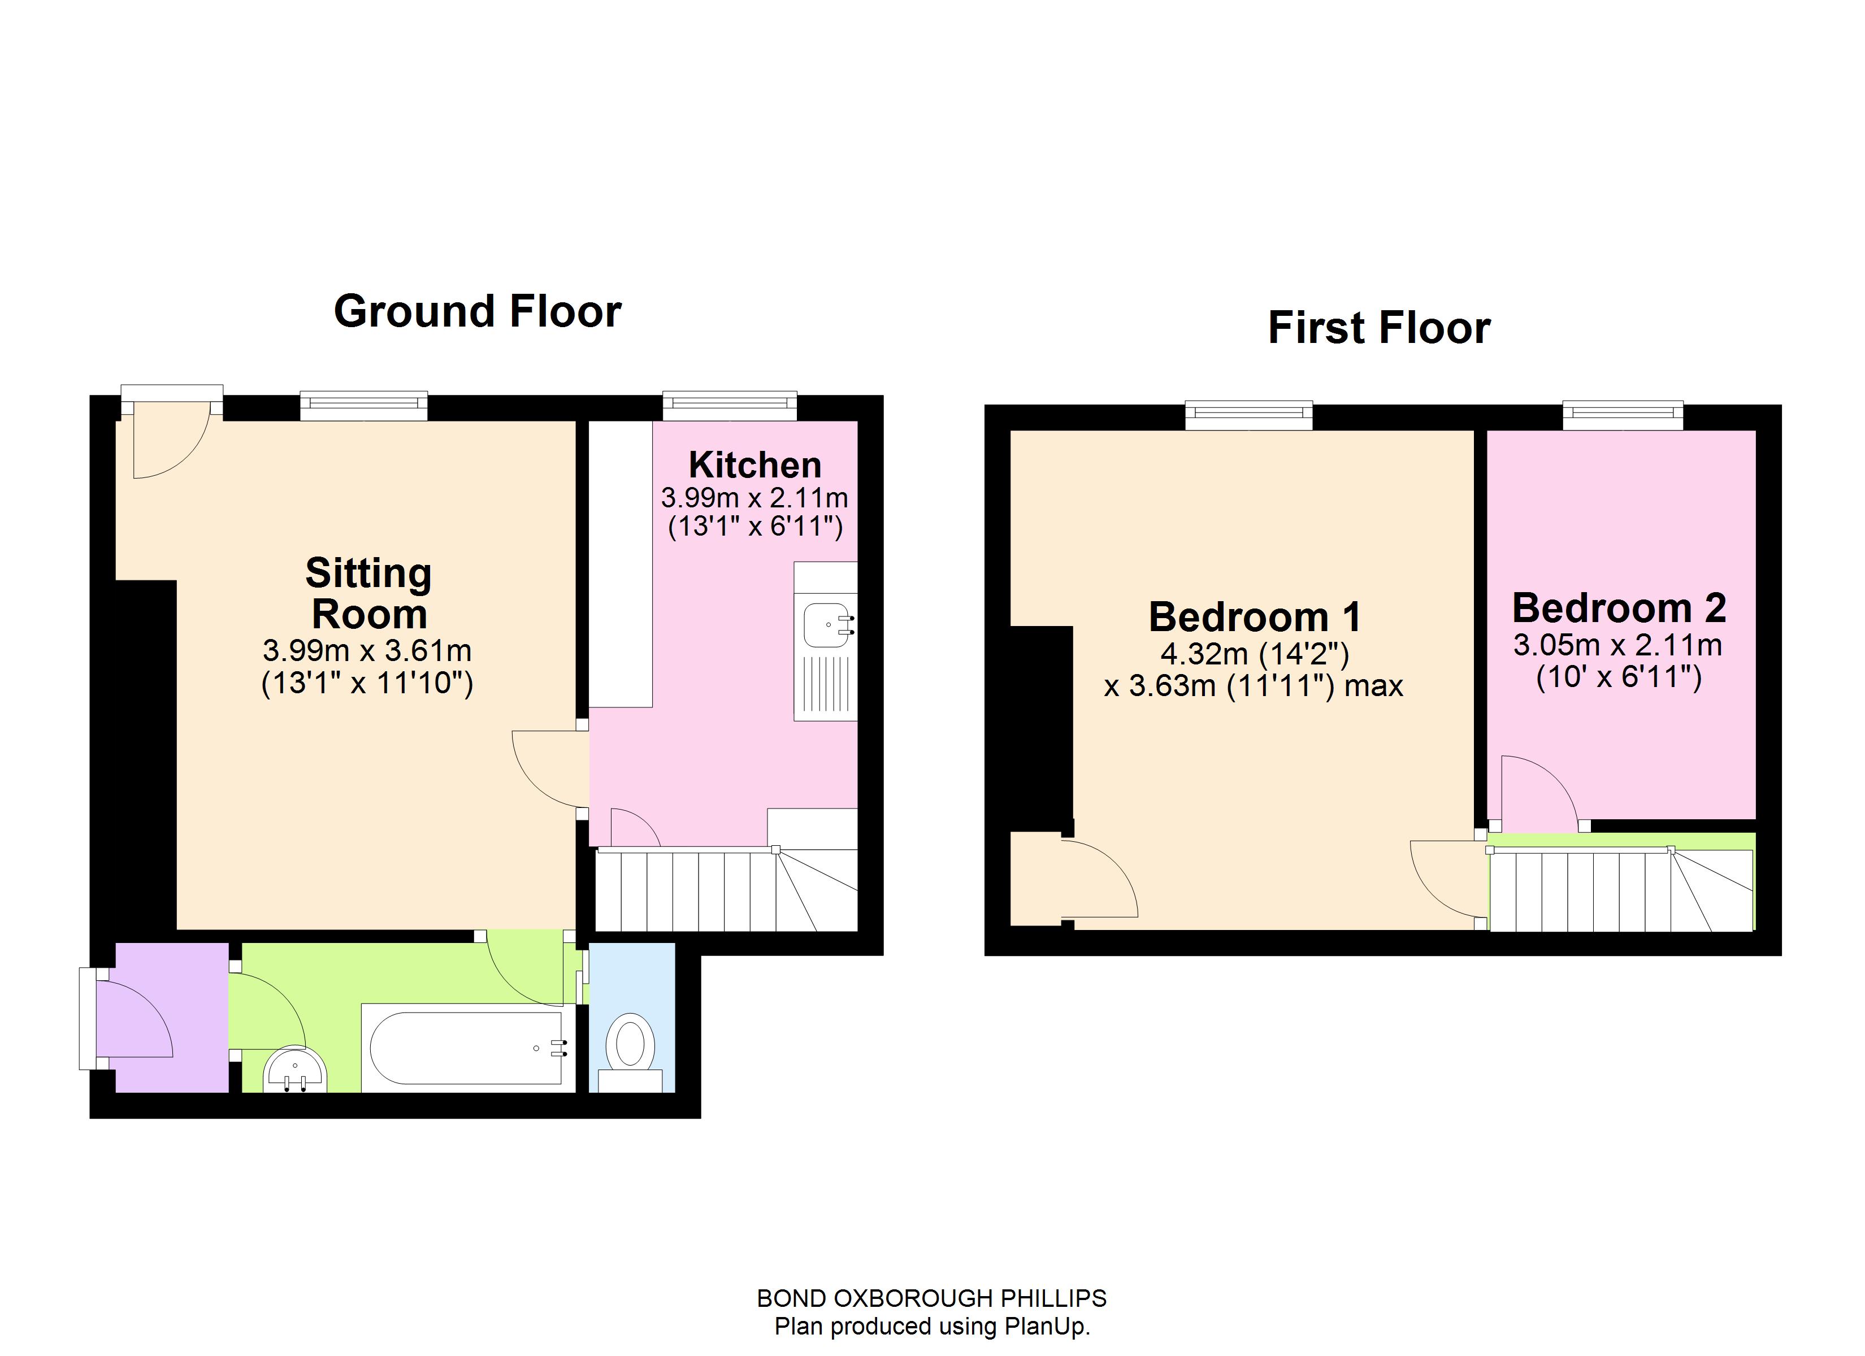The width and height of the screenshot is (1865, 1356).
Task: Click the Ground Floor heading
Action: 477,312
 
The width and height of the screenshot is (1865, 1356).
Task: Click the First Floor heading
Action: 1378,327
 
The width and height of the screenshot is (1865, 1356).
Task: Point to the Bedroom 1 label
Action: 1254,617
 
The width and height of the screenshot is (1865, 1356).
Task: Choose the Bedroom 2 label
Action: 1618,609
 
